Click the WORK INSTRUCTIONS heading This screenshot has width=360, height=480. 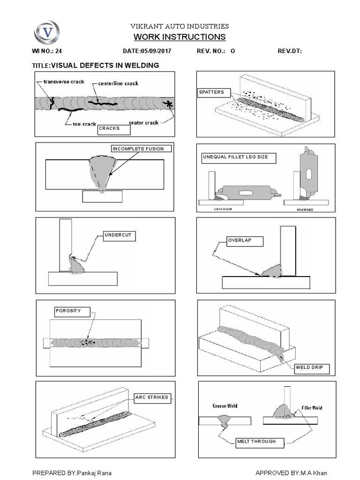tap(180, 37)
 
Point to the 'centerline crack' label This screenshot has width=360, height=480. tap(118, 83)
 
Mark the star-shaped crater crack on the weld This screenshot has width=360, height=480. tap(167, 104)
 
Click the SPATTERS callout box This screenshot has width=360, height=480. tap(214, 93)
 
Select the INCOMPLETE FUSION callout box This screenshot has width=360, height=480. tap(141, 149)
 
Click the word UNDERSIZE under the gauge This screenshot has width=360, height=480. tap(223, 209)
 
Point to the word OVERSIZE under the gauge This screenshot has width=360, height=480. tap(305, 210)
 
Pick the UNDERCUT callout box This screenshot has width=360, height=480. tap(119, 235)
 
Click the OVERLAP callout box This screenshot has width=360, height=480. tap(245, 241)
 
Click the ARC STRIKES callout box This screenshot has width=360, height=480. tap(152, 397)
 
